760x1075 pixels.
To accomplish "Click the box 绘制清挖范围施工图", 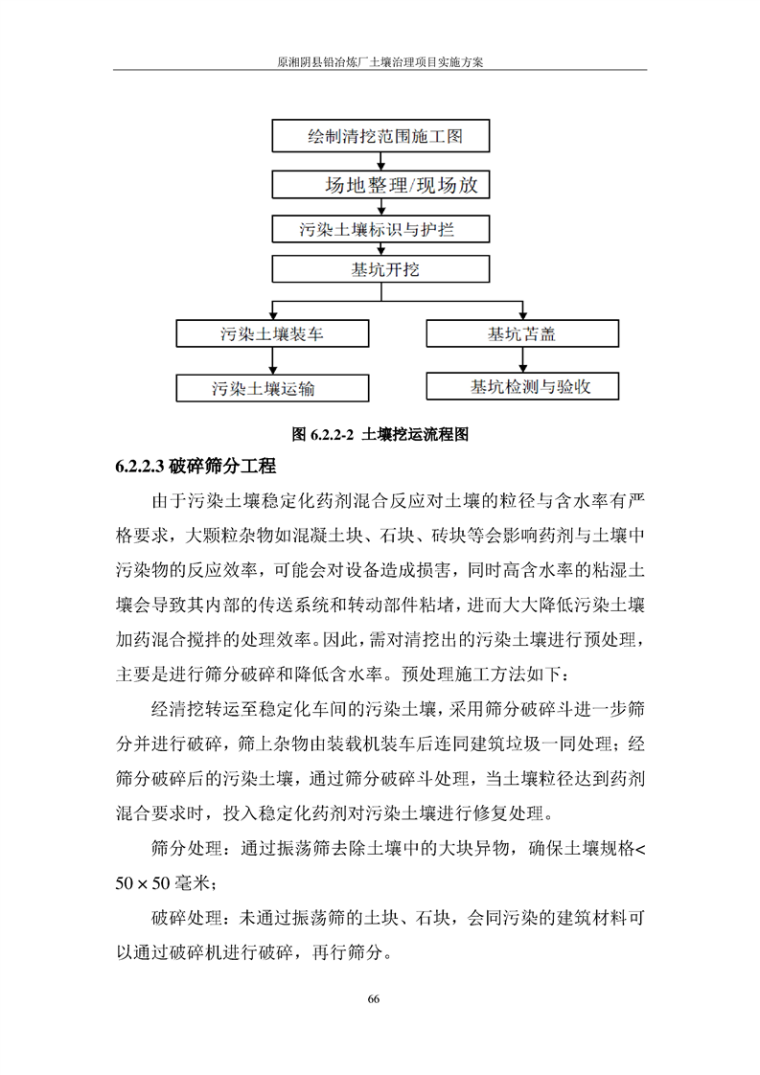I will (380, 136).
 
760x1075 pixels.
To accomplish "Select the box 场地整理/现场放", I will (380, 184).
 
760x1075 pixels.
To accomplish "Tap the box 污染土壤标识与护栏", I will (380, 229).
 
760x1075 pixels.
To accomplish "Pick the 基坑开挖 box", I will (380, 270).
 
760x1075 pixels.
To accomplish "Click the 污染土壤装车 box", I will (272, 333).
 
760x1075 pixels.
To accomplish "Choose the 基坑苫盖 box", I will (521, 333).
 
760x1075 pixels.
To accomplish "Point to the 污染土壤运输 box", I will (272, 388).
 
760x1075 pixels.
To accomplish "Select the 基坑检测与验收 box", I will (521, 386).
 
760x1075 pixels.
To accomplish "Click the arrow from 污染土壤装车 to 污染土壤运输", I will (272, 360).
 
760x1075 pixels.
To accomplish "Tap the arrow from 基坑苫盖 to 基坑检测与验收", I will (521, 359).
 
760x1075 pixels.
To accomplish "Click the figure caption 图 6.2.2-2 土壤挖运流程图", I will (380, 434).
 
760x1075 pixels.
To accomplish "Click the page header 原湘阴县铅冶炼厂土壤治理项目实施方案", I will (380, 59).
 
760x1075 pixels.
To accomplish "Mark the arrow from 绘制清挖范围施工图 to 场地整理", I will (380, 161).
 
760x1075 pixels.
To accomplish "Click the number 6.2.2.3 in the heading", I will (140, 467).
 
